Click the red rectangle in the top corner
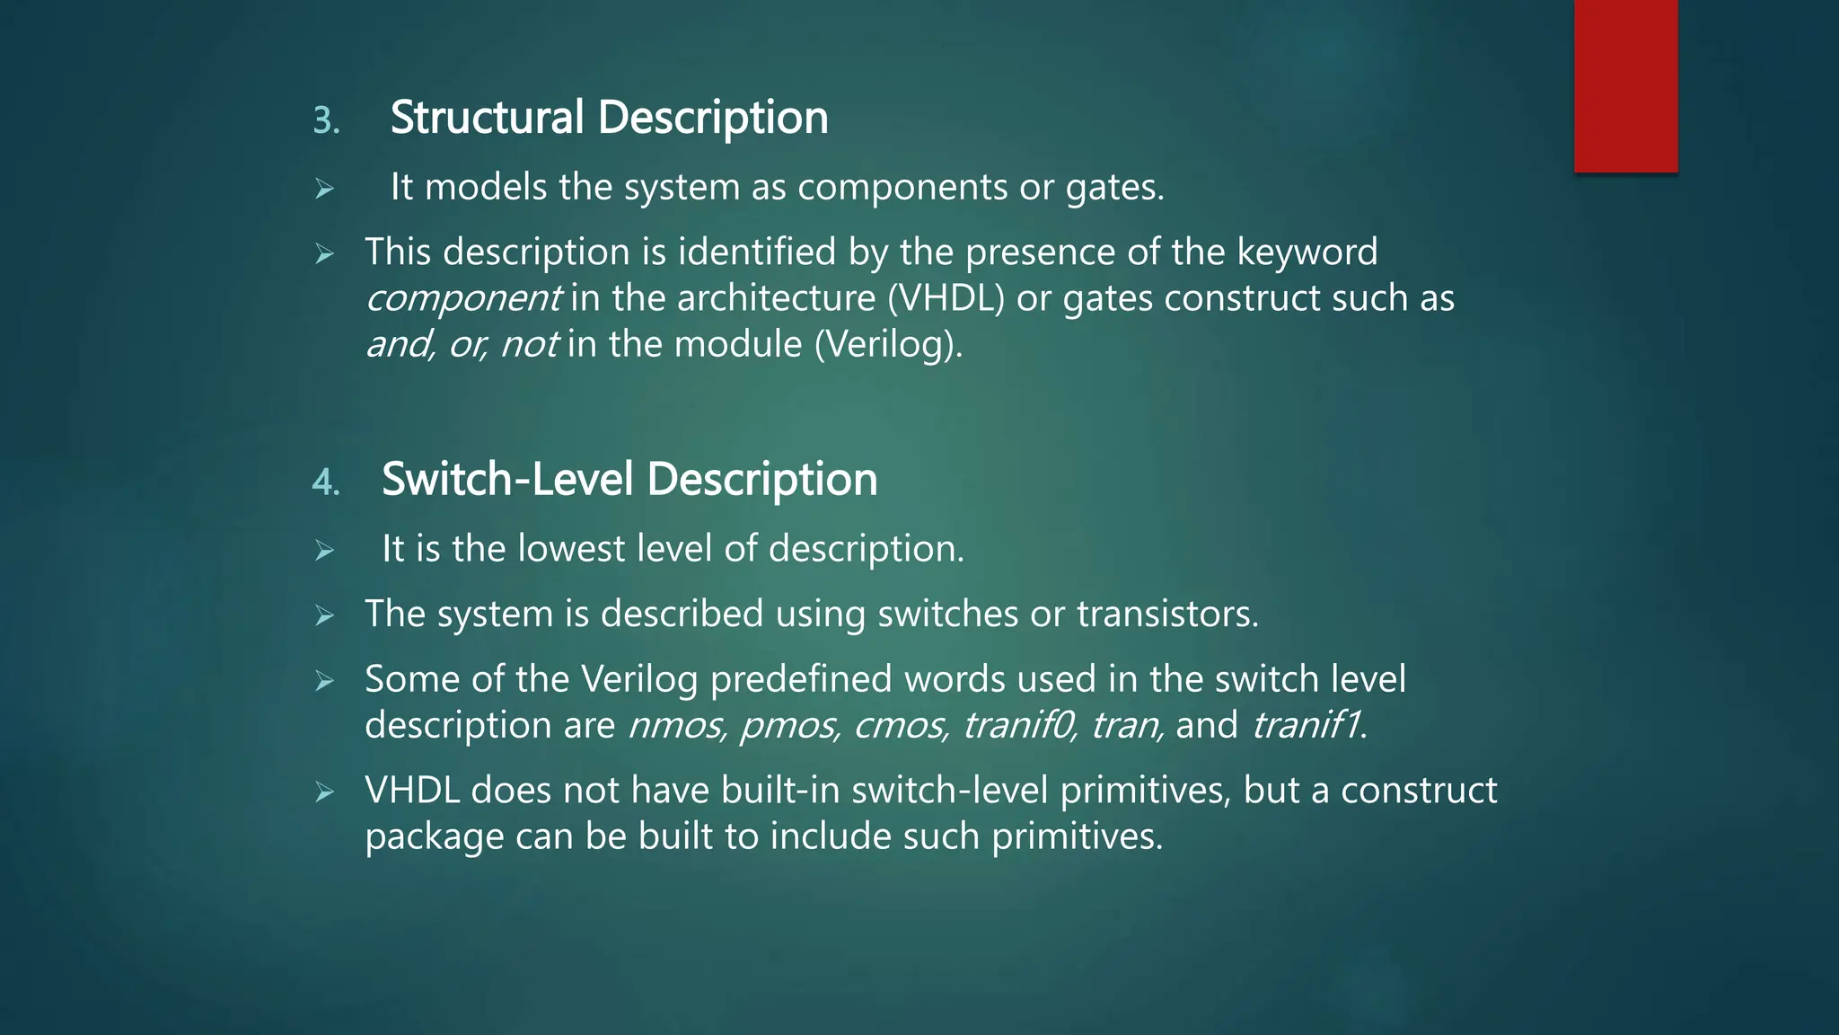point(1625,85)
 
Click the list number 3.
point(326,120)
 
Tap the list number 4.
point(325,482)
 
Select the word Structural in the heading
point(487,118)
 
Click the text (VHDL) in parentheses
point(946,298)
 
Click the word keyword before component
point(1307,252)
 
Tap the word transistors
point(1166,615)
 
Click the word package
point(435,837)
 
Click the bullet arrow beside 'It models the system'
point(324,189)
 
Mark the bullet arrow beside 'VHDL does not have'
point(324,792)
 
